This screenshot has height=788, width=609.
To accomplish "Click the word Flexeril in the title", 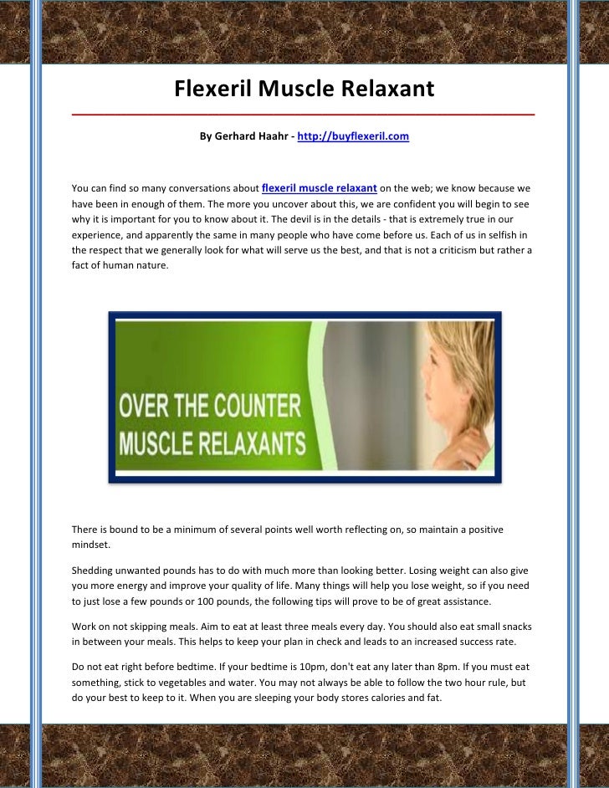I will pos(213,88).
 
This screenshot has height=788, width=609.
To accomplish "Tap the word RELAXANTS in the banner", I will pos(251,441).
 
